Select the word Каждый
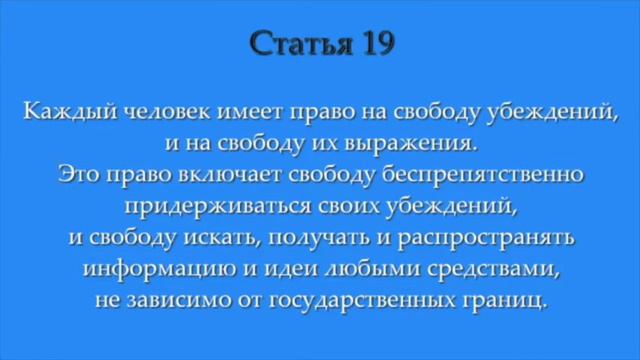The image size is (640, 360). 61,110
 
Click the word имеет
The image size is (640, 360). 232,110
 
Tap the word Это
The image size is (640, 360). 79,176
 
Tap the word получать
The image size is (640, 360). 272,241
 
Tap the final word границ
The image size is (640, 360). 509,303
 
